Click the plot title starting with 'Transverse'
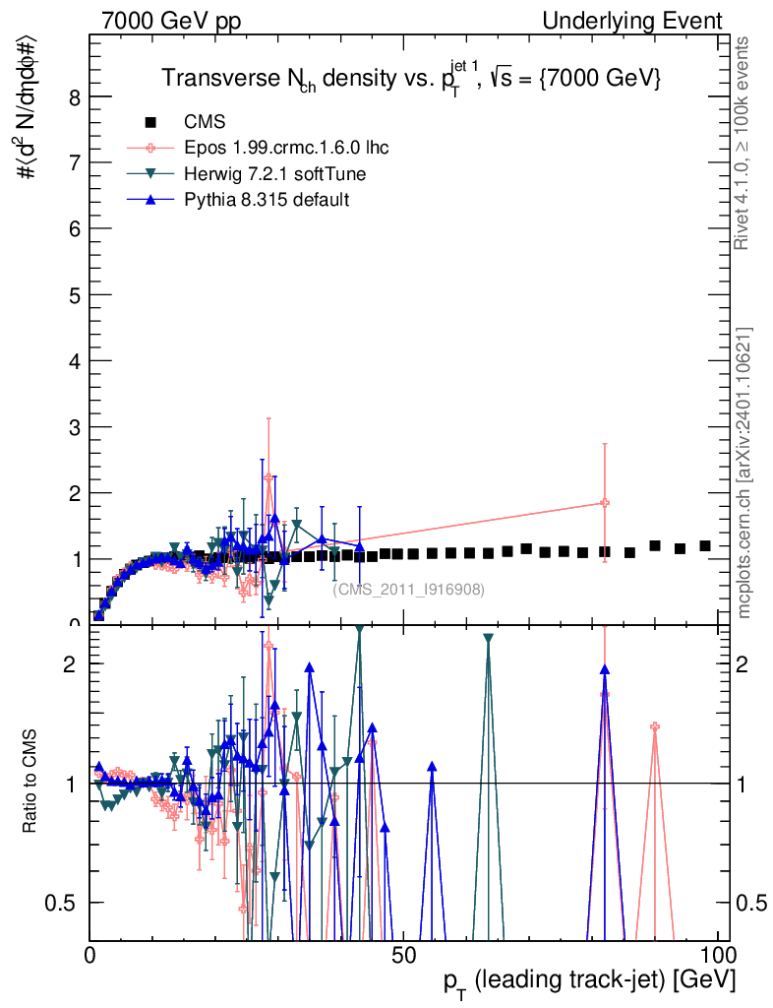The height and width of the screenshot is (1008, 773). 410,80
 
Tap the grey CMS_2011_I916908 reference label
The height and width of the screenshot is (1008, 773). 408,590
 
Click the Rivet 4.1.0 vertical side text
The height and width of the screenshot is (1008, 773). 744,144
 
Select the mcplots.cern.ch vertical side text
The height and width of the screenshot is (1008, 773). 744,472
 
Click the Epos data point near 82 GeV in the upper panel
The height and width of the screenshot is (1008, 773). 605,503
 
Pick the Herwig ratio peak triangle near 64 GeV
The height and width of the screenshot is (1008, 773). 489,639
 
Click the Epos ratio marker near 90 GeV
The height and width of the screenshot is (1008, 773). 654,726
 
